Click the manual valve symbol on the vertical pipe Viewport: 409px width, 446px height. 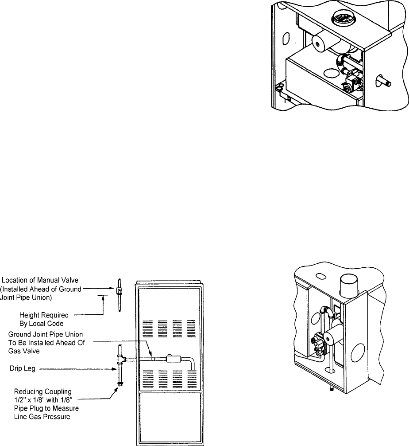119,291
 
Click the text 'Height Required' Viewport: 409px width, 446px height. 46,315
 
